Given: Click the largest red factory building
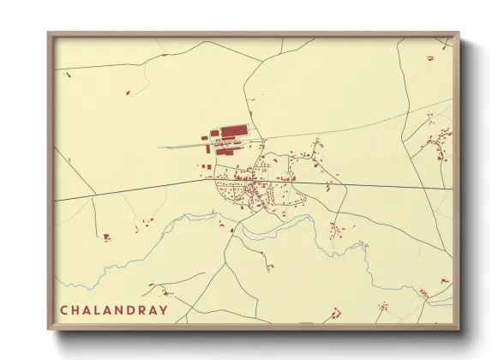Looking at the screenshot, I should (x=234, y=131).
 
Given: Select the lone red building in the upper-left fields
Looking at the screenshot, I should (x=128, y=92).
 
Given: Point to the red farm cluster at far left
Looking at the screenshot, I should (x=106, y=237).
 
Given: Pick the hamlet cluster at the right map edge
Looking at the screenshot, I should (x=441, y=141).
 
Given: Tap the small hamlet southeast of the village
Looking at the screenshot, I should (x=339, y=229).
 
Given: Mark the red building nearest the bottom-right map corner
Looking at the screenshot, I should (x=443, y=281).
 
